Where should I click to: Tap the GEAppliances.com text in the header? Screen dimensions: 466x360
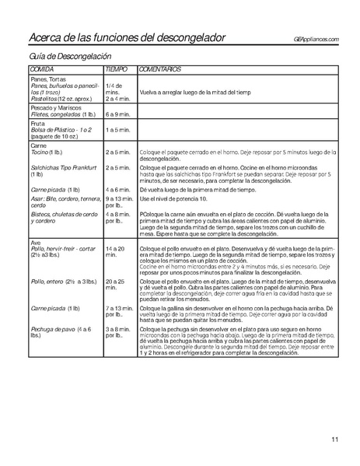[316, 40]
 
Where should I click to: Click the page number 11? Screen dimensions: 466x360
[334, 440]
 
